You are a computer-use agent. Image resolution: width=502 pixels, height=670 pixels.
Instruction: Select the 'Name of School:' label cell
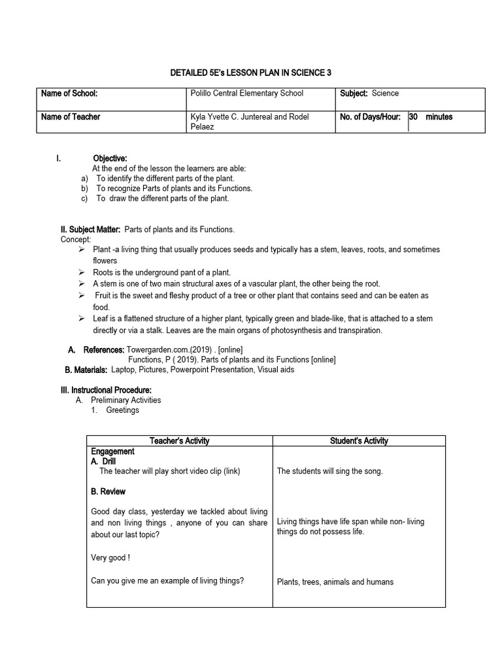(x=69, y=94)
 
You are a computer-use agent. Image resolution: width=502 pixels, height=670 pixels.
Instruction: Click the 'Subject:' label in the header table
(x=354, y=94)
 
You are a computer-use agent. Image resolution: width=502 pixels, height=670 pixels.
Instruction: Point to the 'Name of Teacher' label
(x=71, y=116)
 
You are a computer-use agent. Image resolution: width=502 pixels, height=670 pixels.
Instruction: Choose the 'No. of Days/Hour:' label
(x=370, y=116)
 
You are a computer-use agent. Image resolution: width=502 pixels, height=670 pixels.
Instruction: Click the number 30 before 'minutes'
(x=414, y=116)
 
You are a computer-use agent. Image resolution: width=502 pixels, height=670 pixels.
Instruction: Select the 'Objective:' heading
(x=110, y=158)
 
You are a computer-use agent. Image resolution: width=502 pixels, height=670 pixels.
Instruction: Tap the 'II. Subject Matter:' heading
(x=90, y=229)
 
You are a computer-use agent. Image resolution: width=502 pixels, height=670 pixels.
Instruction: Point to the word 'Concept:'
(x=76, y=239)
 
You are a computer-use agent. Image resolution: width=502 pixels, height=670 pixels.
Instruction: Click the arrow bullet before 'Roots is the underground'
(x=81, y=272)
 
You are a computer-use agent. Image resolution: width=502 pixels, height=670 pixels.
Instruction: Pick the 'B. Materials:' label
(x=86, y=370)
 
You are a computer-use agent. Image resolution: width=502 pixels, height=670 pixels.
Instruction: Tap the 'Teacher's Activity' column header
(x=179, y=441)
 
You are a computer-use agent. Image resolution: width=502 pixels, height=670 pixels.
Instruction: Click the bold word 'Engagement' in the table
(x=113, y=451)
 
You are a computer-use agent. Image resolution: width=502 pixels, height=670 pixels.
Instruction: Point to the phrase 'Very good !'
(x=110, y=558)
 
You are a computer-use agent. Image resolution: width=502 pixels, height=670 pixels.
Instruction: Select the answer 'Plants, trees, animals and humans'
(x=335, y=582)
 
